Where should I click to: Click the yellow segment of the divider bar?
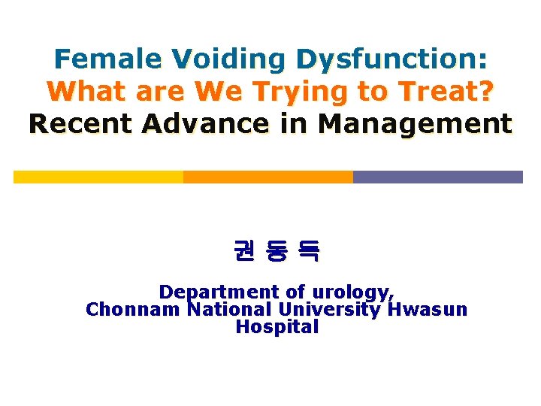[x=98, y=177]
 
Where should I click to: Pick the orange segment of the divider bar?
[x=268, y=177]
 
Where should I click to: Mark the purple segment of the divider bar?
[x=437, y=177]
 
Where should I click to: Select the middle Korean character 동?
[x=277, y=250]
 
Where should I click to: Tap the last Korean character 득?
[x=309, y=250]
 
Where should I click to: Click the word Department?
[x=208, y=291]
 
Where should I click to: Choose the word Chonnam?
[x=133, y=309]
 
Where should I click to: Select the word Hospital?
[x=277, y=327]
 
